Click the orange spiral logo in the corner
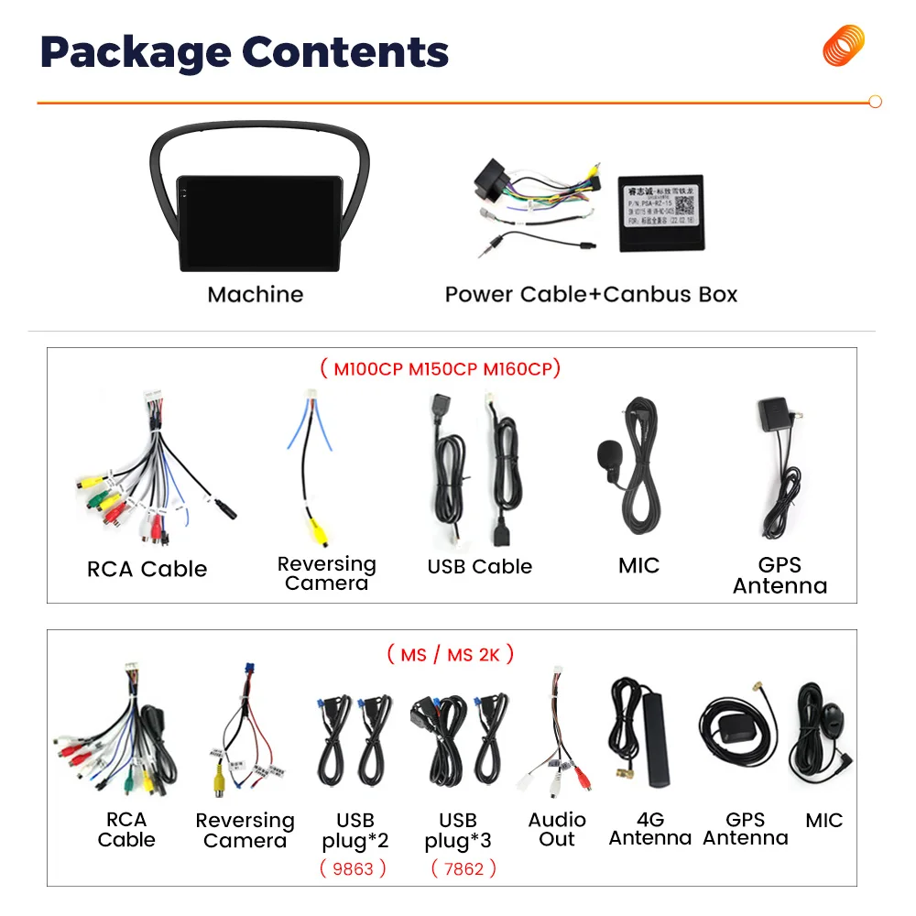844,46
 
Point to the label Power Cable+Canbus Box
591,294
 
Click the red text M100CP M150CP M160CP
441,369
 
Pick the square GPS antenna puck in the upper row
775,414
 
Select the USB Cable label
479,567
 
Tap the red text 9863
354,867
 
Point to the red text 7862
463,867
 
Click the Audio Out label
557,829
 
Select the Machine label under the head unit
255,294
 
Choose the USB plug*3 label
458,830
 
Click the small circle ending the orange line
875,103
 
